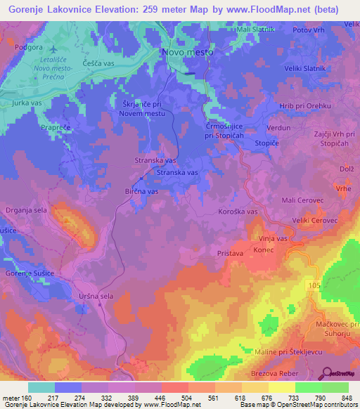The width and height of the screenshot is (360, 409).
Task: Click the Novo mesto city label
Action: [187, 52]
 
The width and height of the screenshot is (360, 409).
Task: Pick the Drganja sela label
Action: [27, 209]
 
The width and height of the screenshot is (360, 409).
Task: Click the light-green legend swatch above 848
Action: [335, 387]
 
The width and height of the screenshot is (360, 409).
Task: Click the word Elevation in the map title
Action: [120, 9]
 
